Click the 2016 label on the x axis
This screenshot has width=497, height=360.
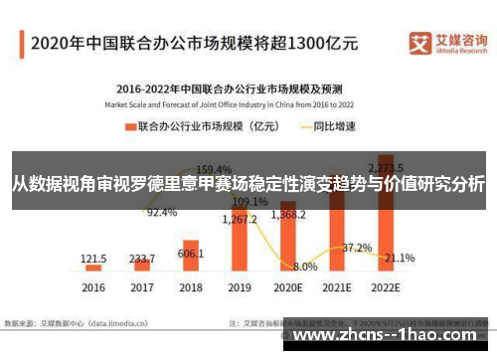pyautogui.click(x=93, y=287)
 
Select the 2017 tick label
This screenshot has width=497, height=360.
pyautogui.click(x=142, y=287)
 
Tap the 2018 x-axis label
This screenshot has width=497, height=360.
pyautogui.click(x=190, y=287)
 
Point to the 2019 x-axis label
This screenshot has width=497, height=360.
pyautogui.click(x=239, y=287)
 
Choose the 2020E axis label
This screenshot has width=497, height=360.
pyautogui.click(x=288, y=287)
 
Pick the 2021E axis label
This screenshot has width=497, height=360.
pyautogui.click(x=337, y=287)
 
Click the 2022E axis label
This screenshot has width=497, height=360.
pyautogui.click(x=386, y=287)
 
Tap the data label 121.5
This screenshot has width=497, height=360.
pyautogui.click(x=93, y=257)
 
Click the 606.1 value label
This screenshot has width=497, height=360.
pyautogui.click(x=191, y=254)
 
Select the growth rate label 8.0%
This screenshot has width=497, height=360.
pyautogui.click(x=305, y=267)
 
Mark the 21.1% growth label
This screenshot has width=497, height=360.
pyautogui.click(x=400, y=258)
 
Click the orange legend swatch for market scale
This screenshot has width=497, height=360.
pyautogui.click(x=129, y=126)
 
